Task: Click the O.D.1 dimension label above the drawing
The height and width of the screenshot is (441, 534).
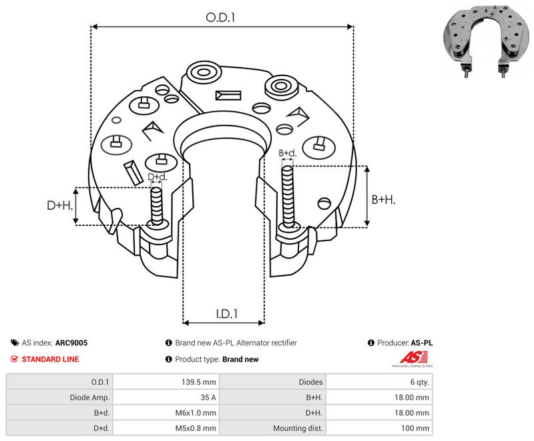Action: (220, 17)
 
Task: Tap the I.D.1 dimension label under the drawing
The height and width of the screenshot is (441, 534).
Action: (226, 313)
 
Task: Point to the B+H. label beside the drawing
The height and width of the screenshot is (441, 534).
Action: (383, 199)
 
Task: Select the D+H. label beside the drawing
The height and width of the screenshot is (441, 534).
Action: (60, 205)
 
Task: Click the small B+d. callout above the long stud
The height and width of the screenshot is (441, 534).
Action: (288, 153)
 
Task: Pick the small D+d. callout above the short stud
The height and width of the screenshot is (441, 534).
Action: (158, 177)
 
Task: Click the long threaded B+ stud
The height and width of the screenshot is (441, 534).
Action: (288, 197)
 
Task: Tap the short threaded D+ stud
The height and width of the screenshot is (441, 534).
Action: (157, 206)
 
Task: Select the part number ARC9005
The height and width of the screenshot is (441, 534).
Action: (71, 343)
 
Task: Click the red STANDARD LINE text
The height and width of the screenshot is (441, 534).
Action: (50, 359)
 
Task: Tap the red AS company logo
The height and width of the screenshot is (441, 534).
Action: (413, 359)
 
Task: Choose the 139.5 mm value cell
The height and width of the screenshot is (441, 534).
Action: (198, 382)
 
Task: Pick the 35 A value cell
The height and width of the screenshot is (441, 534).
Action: (208, 398)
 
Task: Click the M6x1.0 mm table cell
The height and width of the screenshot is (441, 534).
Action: (196, 413)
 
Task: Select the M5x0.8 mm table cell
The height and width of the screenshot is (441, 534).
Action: (196, 428)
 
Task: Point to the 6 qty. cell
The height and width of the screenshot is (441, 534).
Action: (419, 382)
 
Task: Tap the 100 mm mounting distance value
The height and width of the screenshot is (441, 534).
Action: (415, 428)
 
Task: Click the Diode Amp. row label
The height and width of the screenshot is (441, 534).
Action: (89, 398)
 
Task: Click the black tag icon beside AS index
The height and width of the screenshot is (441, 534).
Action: (15, 343)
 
